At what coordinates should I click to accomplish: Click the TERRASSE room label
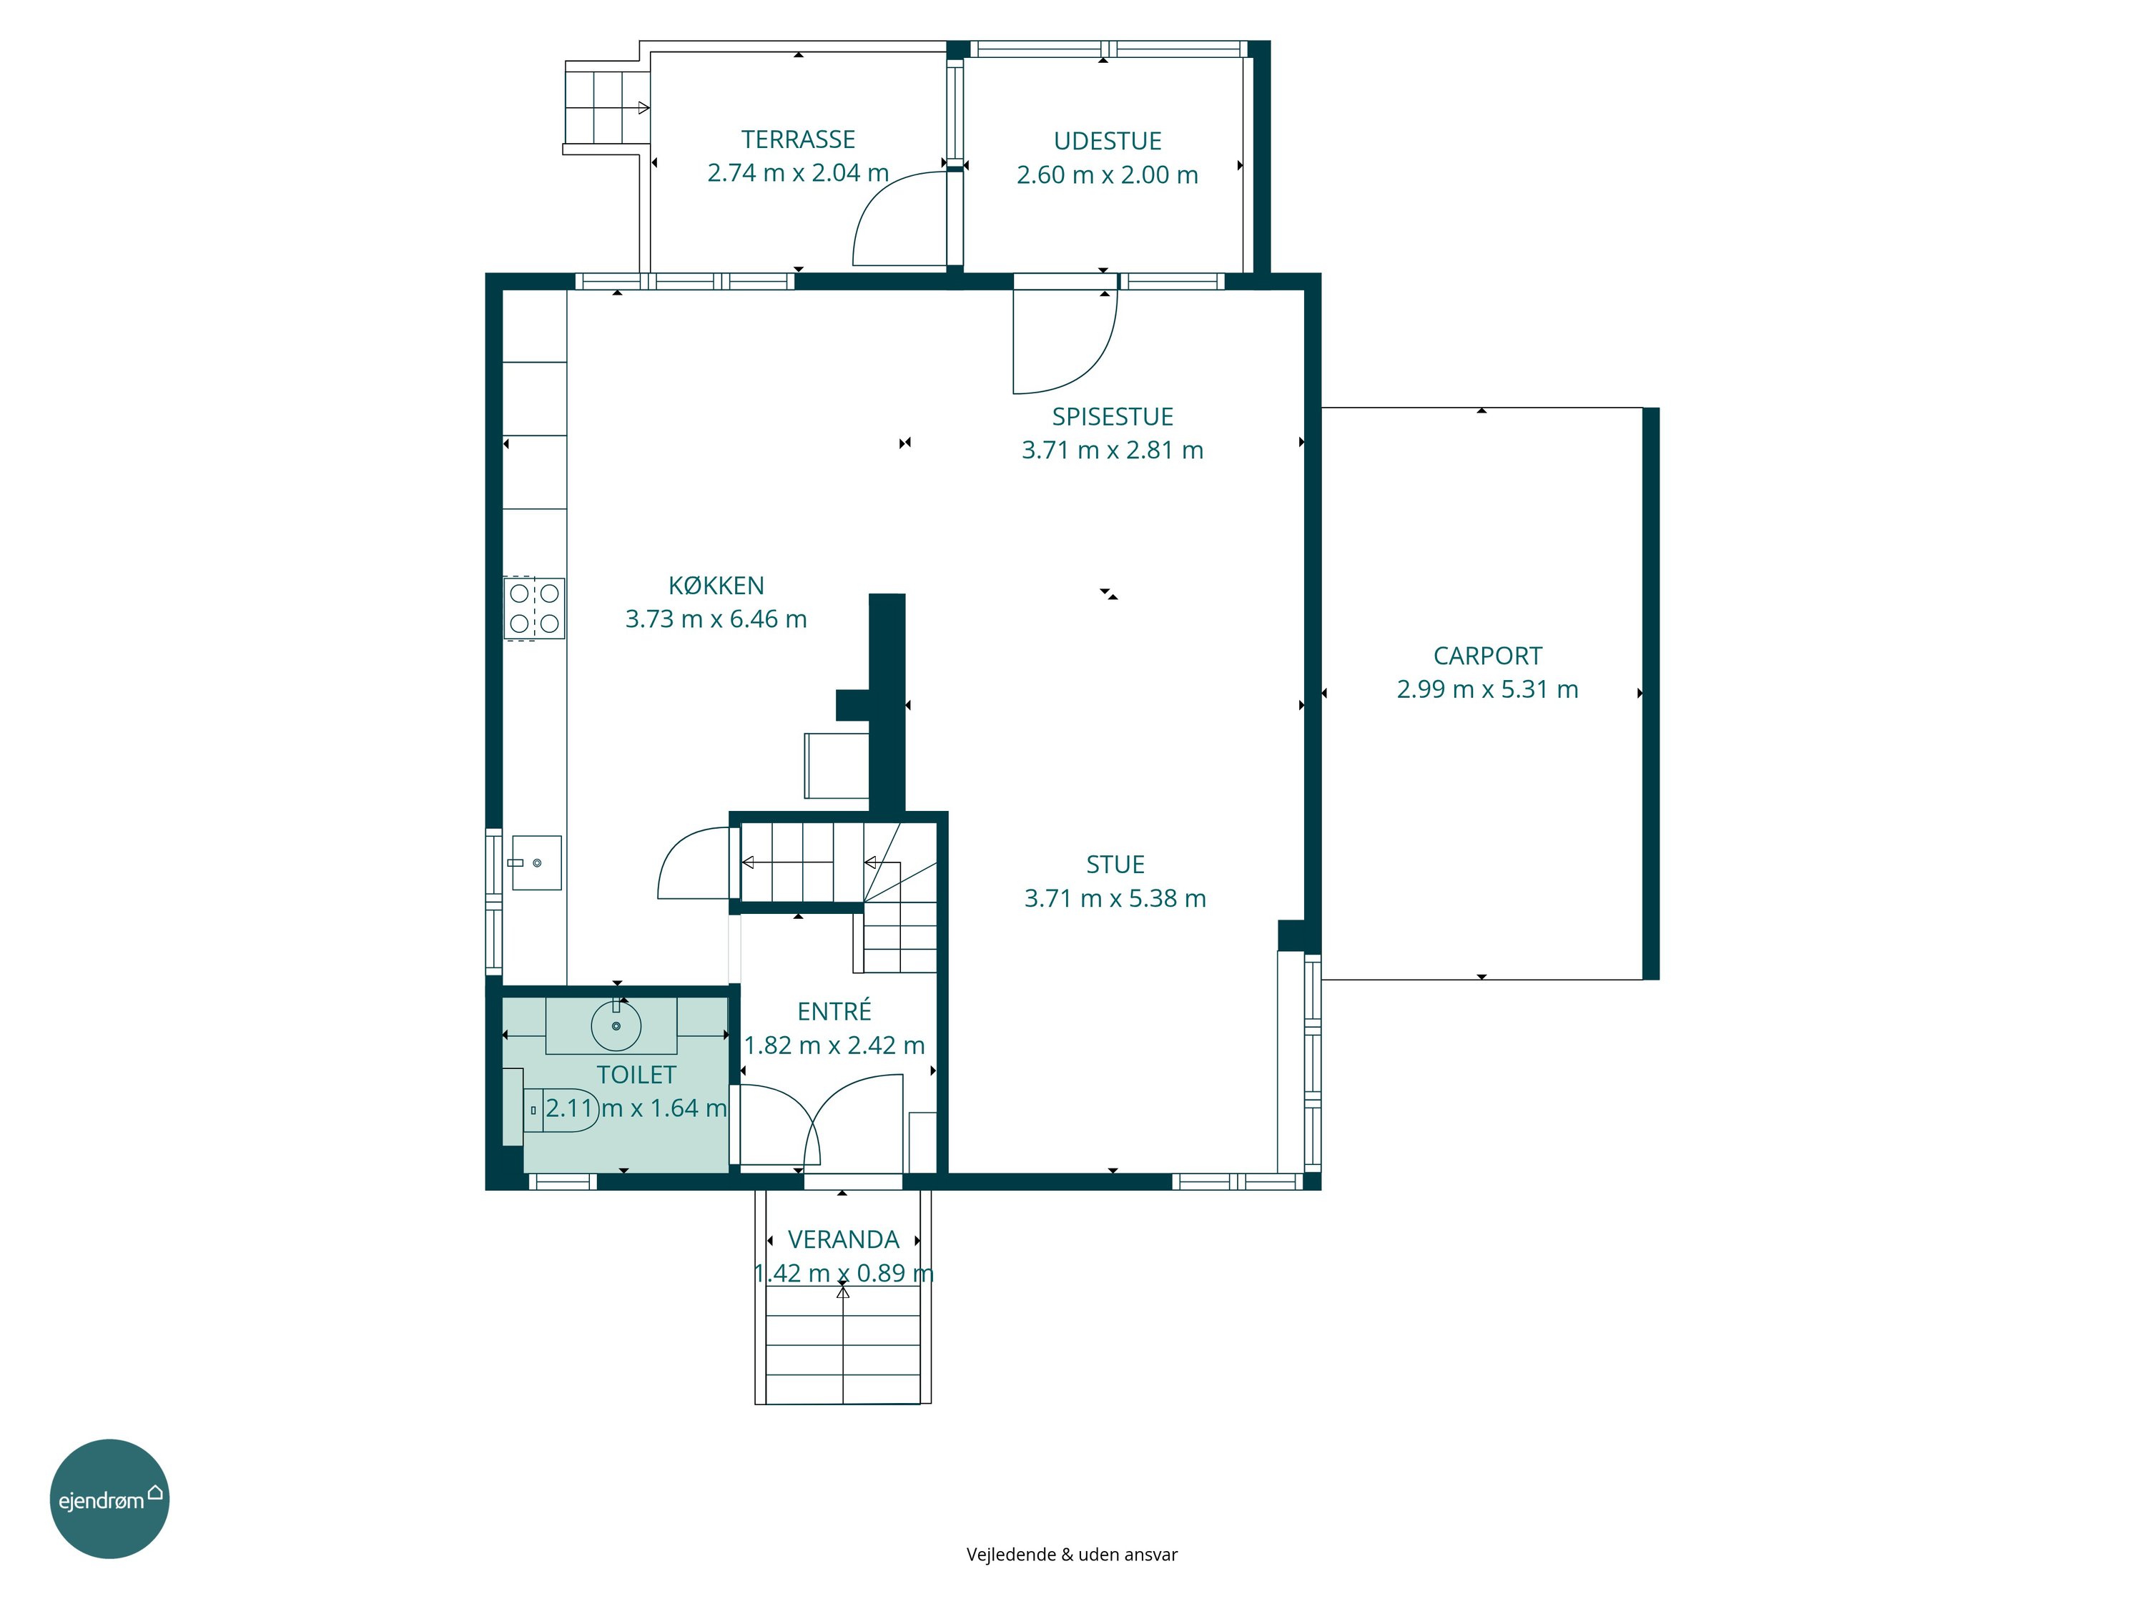(x=798, y=139)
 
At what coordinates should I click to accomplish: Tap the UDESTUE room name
(x=1108, y=142)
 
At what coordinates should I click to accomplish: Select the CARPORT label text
(x=1487, y=656)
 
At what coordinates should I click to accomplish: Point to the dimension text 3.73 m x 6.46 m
(x=716, y=619)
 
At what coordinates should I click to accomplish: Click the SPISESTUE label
(x=1113, y=417)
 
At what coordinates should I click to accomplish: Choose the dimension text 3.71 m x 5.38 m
(x=1115, y=898)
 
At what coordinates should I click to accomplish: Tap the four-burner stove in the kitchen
(x=533, y=608)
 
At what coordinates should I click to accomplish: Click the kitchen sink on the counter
(x=536, y=862)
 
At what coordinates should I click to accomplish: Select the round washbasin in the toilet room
(x=616, y=1026)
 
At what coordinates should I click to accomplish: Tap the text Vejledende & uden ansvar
(x=1072, y=1555)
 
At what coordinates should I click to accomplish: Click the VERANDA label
(x=844, y=1239)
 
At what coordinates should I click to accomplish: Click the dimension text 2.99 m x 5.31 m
(x=1487, y=689)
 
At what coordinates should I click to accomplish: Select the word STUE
(x=1115, y=865)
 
